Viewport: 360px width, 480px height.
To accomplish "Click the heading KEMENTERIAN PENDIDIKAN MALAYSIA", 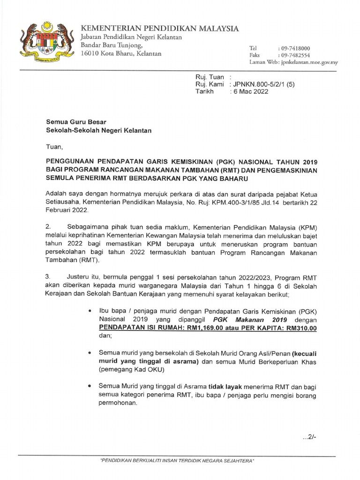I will coord(160,28).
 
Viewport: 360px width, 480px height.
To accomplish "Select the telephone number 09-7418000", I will coord(294,48).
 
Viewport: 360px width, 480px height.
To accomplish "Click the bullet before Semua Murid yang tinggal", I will coord(90,385).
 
